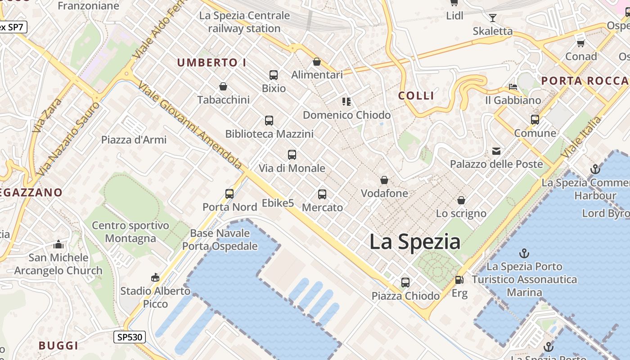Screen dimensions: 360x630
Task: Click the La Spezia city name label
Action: (415, 242)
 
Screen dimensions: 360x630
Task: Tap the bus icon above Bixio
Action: (274, 75)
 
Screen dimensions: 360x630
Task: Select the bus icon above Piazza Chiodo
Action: (405, 283)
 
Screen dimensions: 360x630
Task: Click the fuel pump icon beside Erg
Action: (459, 280)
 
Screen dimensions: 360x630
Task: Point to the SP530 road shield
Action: (129, 337)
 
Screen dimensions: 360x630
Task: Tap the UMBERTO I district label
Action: (211, 63)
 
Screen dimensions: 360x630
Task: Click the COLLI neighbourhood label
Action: (416, 95)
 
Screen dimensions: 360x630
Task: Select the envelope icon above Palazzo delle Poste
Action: (496, 151)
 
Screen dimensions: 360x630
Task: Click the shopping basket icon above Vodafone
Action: (384, 180)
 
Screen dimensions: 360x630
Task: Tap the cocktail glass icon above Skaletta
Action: (493, 18)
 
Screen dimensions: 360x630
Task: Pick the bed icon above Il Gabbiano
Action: (513, 87)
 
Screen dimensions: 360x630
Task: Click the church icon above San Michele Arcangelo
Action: (58, 245)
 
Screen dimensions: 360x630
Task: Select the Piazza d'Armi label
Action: (134, 140)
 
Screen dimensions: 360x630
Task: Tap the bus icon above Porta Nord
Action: (229, 194)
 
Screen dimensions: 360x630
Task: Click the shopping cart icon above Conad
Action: (581, 43)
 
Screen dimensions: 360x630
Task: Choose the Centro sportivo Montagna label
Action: (130, 232)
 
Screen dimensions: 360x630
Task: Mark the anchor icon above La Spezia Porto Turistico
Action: (524, 253)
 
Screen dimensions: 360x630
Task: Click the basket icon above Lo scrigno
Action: (461, 200)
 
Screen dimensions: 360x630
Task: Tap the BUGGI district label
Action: (58, 346)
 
